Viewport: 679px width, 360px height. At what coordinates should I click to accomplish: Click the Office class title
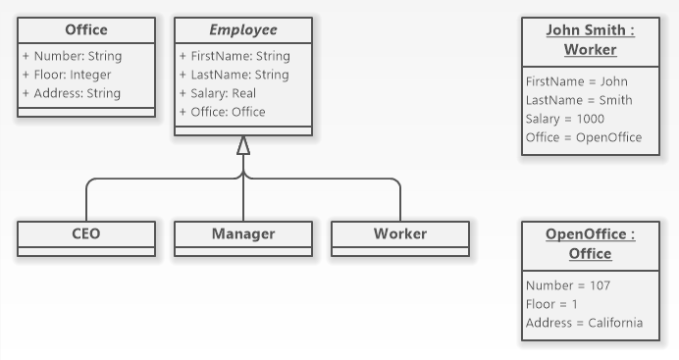click(86, 30)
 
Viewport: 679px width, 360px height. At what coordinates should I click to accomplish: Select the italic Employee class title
click(243, 30)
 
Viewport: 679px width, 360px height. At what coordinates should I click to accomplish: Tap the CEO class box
click(86, 234)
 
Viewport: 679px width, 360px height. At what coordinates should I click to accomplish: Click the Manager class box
click(243, 234)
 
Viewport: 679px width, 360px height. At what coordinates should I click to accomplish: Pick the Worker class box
click(400, 234)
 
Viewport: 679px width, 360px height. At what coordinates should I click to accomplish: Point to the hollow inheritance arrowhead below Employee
click(243, 145)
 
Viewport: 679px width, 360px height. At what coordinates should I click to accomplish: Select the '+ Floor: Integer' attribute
click(67, 75)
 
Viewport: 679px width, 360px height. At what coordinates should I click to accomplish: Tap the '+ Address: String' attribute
click(72, 93)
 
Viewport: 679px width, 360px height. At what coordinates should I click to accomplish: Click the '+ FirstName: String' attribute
click(235, 56)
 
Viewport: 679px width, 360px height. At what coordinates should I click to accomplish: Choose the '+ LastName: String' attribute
click(234, 75)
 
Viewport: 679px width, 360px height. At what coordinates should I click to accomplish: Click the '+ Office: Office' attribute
click(222, 112)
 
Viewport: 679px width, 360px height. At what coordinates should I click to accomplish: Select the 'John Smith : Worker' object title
click(590, 40)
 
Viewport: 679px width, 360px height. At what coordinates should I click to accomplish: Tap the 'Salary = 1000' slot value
click(565, 119)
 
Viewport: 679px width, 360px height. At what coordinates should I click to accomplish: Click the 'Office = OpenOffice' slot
click(584, 137)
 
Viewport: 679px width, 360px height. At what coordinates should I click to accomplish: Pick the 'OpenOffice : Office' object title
click(590, 244)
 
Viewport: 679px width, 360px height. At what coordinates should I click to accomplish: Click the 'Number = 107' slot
click(567, 285)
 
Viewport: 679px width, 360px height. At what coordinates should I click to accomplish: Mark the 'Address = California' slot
click(584, 323)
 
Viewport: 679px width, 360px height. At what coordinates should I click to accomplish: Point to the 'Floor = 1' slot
click(551, 304)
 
